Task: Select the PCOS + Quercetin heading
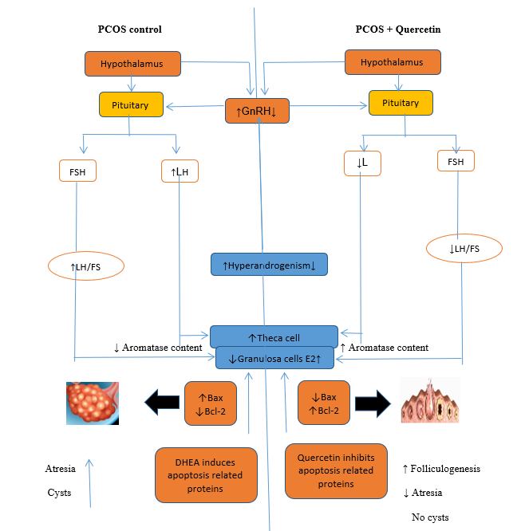pos(398,29)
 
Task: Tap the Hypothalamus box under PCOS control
pos(133,63)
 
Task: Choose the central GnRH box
pos(257,110)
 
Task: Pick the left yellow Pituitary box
pos(131,104)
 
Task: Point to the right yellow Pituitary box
pos(400,103)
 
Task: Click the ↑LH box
pos(179,171)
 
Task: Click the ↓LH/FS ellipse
pos(464,249)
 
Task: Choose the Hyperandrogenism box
pos(269,264)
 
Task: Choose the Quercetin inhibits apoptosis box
pos(336,470)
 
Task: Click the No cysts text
pos(430,517)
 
